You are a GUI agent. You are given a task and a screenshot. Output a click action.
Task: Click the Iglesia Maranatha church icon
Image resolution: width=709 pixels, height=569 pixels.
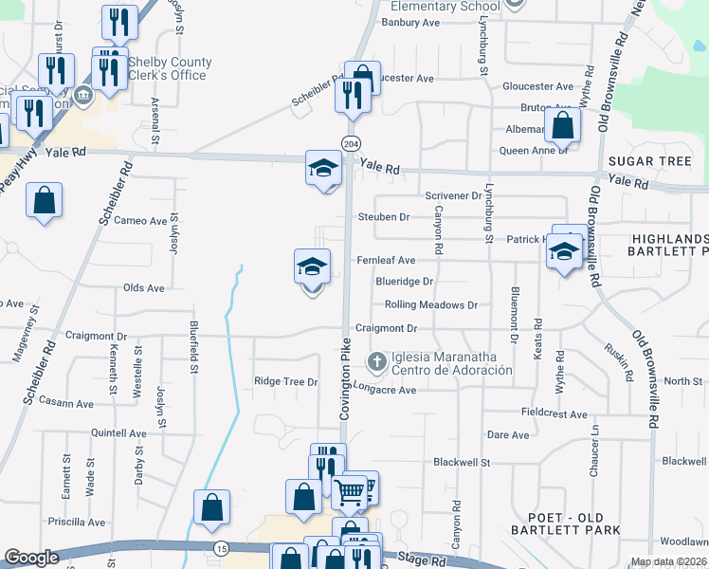pos(377,361)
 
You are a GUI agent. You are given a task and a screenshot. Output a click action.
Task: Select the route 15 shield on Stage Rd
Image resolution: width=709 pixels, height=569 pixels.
pos(221,548)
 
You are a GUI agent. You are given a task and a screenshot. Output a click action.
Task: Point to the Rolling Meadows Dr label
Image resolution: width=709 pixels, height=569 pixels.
pos(430,305)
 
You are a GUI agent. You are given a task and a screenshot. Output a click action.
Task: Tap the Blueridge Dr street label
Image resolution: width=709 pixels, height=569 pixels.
pos(404,282)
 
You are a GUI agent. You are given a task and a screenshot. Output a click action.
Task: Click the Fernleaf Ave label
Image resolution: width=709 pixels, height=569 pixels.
pos(386,260)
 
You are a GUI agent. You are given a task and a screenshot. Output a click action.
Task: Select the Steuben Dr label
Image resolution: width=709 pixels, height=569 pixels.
pos(383,217)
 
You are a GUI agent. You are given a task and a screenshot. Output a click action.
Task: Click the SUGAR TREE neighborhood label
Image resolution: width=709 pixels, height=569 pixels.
pos(649,161)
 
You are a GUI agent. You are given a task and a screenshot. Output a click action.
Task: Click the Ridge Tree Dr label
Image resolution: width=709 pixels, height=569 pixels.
pos(285,381)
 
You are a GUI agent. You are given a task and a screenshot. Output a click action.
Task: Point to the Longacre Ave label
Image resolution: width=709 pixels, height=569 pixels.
pos(385,390)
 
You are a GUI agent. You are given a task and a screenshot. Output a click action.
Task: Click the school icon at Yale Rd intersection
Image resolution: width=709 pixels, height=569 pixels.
pos(323,169)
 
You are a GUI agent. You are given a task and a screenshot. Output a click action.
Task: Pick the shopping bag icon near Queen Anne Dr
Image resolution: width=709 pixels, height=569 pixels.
pos(562,125)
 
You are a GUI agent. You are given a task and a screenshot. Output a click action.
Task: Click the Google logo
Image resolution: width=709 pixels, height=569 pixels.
pos(31,559)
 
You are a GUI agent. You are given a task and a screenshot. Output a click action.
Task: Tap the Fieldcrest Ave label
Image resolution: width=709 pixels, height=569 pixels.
pos(554,413)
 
